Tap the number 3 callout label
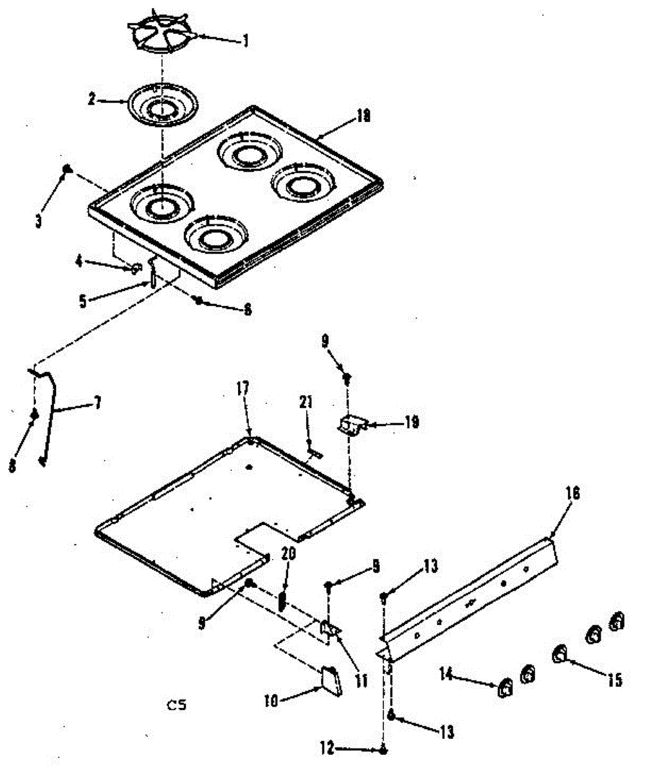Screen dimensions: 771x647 click(39, 220)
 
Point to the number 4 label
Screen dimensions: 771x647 click(78, 261)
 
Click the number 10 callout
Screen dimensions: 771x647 click(270, 702)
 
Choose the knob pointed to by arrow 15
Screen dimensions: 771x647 click(560, 654)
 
